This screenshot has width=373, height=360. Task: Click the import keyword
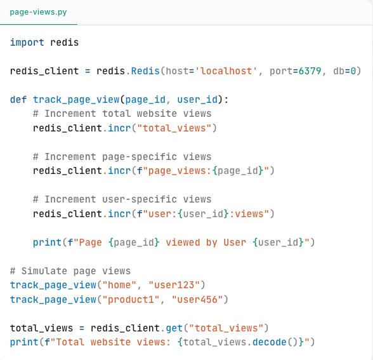point(27,43)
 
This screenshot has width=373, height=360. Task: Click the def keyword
point(18,100)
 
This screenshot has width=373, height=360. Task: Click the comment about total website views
point(122,114)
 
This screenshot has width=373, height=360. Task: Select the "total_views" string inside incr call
point(180,128)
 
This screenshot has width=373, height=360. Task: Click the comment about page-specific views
point(122,157)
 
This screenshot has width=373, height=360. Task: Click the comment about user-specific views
point(122,199)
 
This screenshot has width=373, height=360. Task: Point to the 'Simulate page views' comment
point(70,271)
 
